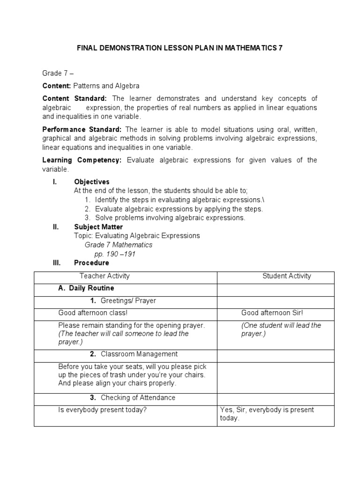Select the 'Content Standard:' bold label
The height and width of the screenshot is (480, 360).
[x=75, y=98]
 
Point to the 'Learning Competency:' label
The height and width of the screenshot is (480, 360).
[x=82, y=160]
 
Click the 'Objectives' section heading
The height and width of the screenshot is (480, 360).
[x=92, y=181]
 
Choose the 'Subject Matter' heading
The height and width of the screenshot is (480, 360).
[x=98, y=227]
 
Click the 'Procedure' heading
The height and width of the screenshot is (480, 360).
[x=91, y=263]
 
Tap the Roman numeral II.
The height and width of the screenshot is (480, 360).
[x=55, y=227]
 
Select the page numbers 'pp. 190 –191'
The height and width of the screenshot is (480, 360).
[x=115, y=254]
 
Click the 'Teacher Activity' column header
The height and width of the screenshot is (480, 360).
[x=105, y=276]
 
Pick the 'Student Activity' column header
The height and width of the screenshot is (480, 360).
[x=286, y=276]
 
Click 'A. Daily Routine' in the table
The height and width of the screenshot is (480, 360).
[x=86, y=288]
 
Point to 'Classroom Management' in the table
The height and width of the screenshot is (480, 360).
[x=139, y=354]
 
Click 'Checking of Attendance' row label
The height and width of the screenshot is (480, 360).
[x=138, y=397]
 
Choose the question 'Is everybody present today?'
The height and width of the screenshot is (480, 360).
[x=103, y=410]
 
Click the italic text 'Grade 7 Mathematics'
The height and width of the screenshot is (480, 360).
[x=119, y=245]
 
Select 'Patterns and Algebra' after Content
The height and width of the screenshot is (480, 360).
[x=106, y=86]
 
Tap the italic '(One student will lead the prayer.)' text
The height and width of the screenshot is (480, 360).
[x=281, y=330]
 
